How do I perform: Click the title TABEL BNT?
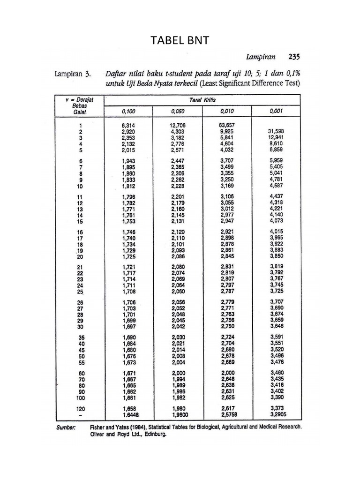(180, 41)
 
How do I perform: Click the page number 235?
(294, 57)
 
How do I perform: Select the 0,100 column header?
(128, 111)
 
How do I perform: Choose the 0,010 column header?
(227, 111)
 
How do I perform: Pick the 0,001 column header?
(276, 111)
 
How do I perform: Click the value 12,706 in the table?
(179, 125)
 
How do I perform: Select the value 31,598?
(277, 132)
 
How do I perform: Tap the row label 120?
(81, 408)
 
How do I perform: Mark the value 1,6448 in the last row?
(131, 415)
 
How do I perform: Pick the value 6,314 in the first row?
(128, 125)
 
